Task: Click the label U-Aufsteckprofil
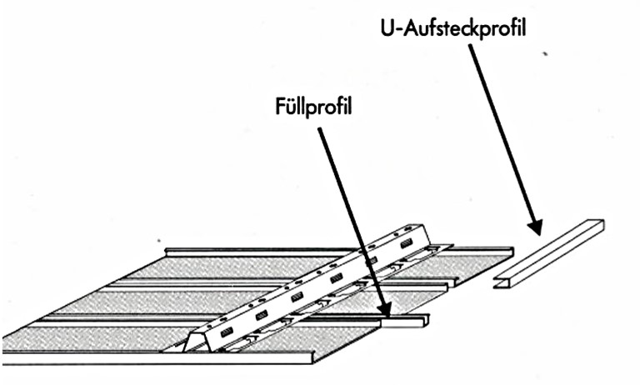[x=449, y=27]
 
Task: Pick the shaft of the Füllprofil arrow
[x=350, y=212]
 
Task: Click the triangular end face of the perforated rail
[x=193, y=340]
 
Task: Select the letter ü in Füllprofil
[x=292, y=108]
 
